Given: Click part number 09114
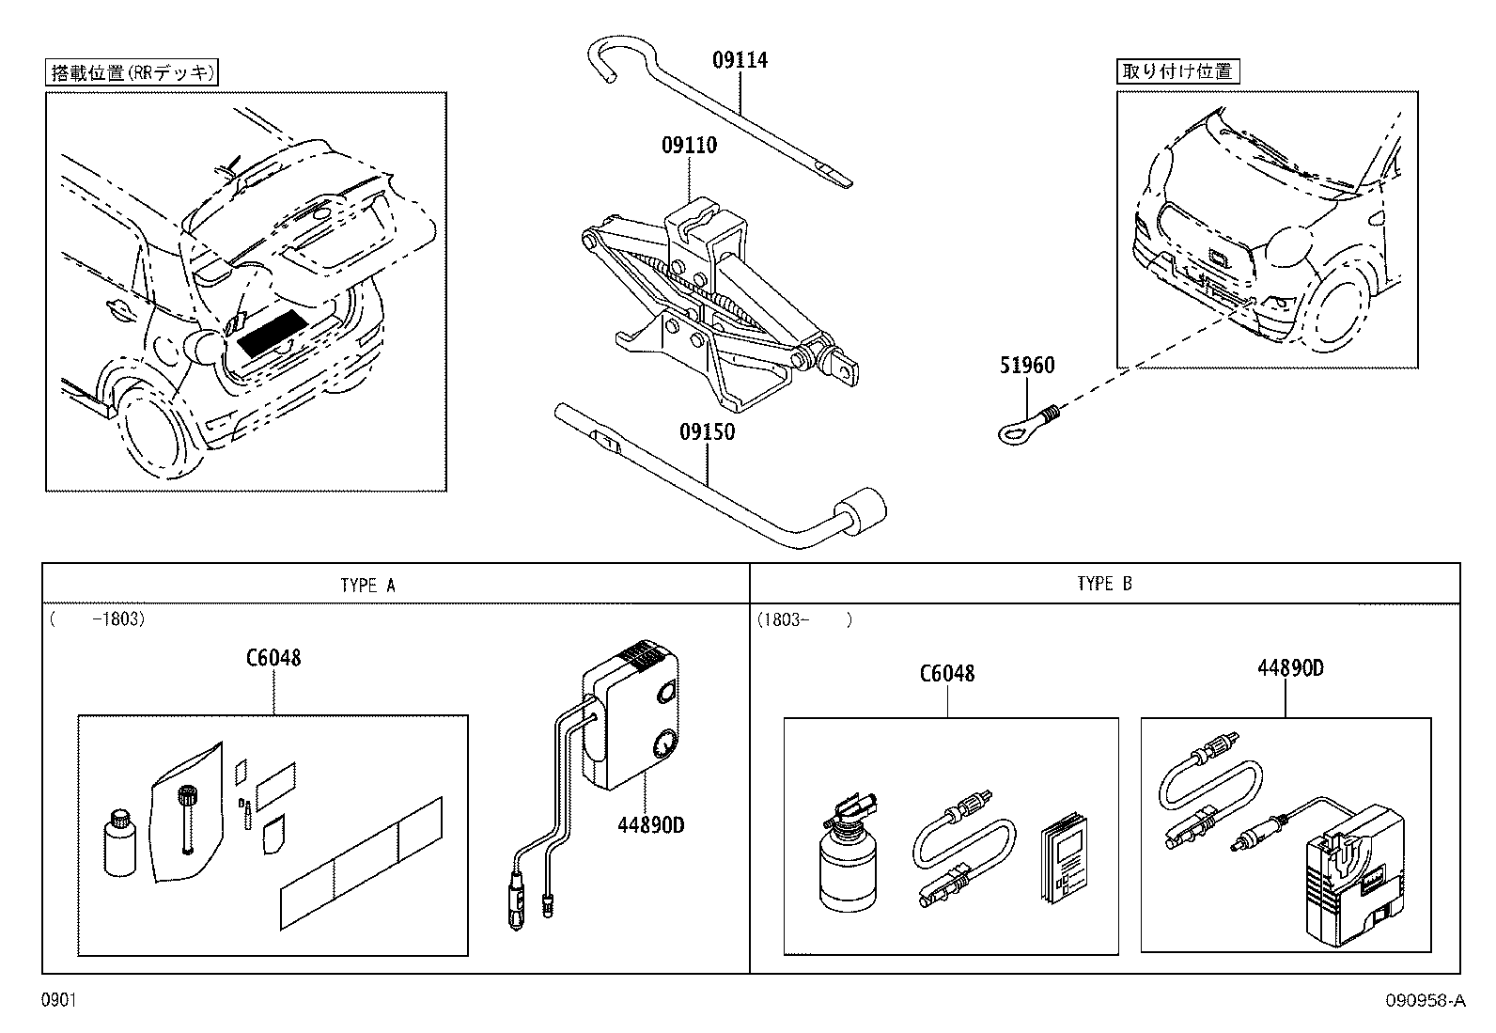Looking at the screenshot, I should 740,61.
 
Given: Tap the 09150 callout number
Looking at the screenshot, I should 707,433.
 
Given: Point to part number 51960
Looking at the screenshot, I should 1026,366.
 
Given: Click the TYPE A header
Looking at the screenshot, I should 368,585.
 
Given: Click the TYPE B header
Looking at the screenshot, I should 1104,584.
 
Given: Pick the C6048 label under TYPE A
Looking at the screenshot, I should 273,658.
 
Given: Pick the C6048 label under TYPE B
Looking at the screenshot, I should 946,674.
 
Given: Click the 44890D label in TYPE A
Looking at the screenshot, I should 650,825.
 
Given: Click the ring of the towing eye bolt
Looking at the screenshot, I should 1014,432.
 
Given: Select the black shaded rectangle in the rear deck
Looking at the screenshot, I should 273,332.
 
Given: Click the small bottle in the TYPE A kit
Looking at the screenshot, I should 119,845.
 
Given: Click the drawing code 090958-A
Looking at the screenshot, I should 1425,1002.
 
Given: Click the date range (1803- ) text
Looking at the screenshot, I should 804,620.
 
